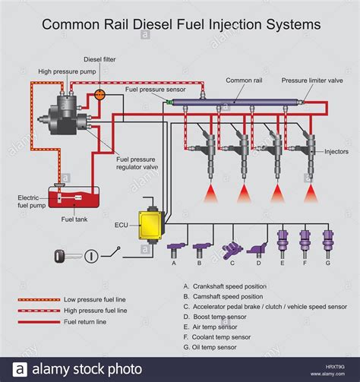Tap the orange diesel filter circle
click(99, 95)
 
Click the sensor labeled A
click(175, 247)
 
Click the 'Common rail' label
click(242, 80)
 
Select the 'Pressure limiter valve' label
click(312, 80)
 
